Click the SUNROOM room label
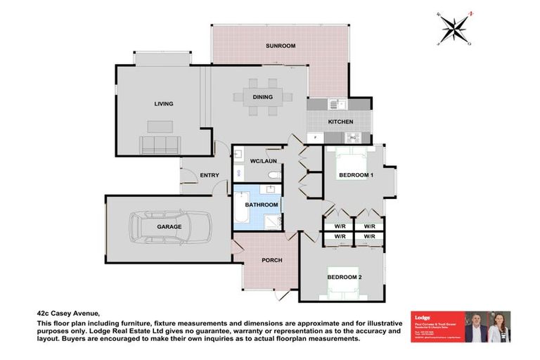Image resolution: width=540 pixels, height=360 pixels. [x=280, y=46]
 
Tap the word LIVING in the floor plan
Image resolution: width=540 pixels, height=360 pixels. [x=164, y=104]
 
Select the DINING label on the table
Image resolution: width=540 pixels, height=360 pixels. [x=263, y=97]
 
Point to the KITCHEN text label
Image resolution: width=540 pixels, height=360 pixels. [x=340, y=122]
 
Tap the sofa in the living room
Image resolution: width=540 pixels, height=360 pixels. [x=161, y=145]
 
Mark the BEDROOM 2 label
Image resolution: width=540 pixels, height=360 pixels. [x=345, y=277]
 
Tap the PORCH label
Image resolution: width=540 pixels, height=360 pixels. [x=271, y=260]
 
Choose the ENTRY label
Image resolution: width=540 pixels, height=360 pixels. [x=210, y=175]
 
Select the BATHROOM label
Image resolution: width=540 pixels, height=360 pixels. [x=261, y=205]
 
